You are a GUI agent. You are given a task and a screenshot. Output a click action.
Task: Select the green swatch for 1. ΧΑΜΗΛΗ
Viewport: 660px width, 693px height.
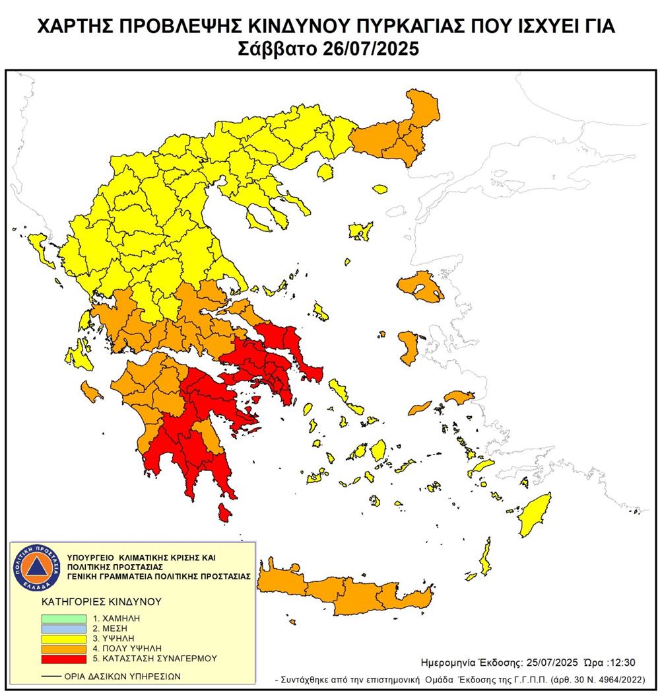pos(63,618)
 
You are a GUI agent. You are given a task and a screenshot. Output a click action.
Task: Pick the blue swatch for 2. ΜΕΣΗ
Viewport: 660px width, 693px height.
pos(63,628)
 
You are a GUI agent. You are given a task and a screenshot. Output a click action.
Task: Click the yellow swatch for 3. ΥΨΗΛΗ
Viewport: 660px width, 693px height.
pos(63,638)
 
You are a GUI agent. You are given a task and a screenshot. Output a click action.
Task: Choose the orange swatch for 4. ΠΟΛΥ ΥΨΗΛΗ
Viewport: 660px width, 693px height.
pos(63,648)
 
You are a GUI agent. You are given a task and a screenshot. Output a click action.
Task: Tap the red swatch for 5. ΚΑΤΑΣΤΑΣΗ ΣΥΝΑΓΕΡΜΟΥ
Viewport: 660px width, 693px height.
pos(63,659)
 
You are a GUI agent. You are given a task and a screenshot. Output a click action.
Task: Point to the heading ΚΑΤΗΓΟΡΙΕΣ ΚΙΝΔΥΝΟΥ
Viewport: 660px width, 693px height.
pos(92,602)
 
